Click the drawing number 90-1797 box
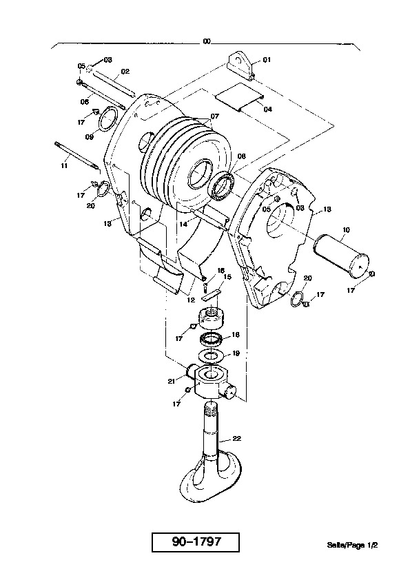point(196,542)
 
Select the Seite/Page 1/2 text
point(352,545)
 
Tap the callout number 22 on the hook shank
point(237,439)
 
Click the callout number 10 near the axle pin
point(346,230)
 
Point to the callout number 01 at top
point(267,59)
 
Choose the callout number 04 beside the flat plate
point(267,109)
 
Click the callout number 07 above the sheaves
point(214,116)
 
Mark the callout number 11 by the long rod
point(64,166)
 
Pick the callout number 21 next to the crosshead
point(172,381)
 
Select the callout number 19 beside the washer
point(236,353)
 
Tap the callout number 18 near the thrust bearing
point(236,335)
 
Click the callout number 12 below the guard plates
point(191,300)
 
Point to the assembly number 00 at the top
point(207,41)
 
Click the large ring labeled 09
point(107,118)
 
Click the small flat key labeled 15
point(212,294)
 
